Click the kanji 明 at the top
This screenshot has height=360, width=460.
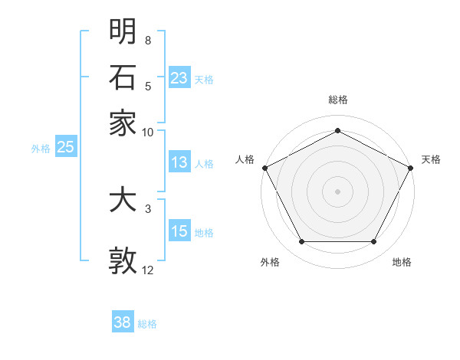pos(123,31)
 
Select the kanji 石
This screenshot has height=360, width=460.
pos(123,77)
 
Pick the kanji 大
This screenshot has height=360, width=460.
pos(123,201)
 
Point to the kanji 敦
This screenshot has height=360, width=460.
pos(123,260)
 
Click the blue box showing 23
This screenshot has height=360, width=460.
pos(179,77)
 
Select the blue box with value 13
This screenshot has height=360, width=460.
pos(179,162)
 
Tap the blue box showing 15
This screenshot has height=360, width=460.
pos(179,231)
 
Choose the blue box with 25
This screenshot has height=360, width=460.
pos(65,148)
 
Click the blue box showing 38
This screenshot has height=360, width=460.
pos(123,322)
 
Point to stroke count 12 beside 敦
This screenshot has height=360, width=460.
pos(148,270)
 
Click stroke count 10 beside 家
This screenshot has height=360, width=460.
pos(148,132)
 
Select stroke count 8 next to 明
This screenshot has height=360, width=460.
pos(147,40)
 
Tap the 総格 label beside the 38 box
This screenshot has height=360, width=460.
pos(147,324)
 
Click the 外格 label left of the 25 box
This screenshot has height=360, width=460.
pos(41,149)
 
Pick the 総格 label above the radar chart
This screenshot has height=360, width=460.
pos(337,100)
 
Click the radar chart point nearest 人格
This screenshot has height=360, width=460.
pos(264,167)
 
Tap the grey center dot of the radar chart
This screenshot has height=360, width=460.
pos(337,191)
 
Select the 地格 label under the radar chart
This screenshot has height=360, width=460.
pos(402,262)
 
